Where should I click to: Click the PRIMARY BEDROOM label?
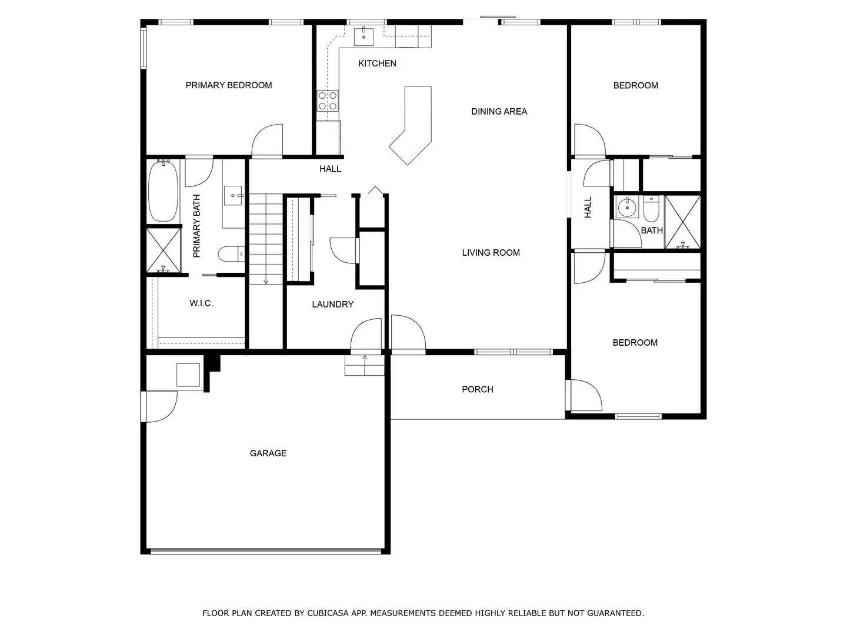coord(229,85)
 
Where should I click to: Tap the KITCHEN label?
coord(377,63)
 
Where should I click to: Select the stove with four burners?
coord(328,101)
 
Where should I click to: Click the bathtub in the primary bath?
coord(163,192)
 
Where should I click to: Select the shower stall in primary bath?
coord(163,250)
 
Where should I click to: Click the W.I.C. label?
coord(201,303)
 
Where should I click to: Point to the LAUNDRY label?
coord(332,304)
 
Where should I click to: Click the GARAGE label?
coord(268,453)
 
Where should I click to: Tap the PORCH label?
coord(477,389)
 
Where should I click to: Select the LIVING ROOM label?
coord(491,253)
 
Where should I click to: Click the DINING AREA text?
coord(499,111)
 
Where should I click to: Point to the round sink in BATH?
coord(627,207)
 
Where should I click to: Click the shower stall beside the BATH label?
coord(682,222)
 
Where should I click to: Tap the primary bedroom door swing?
coord(268,141)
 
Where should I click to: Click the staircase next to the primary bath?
coord(266,238)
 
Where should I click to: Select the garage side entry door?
coord(160,407)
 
